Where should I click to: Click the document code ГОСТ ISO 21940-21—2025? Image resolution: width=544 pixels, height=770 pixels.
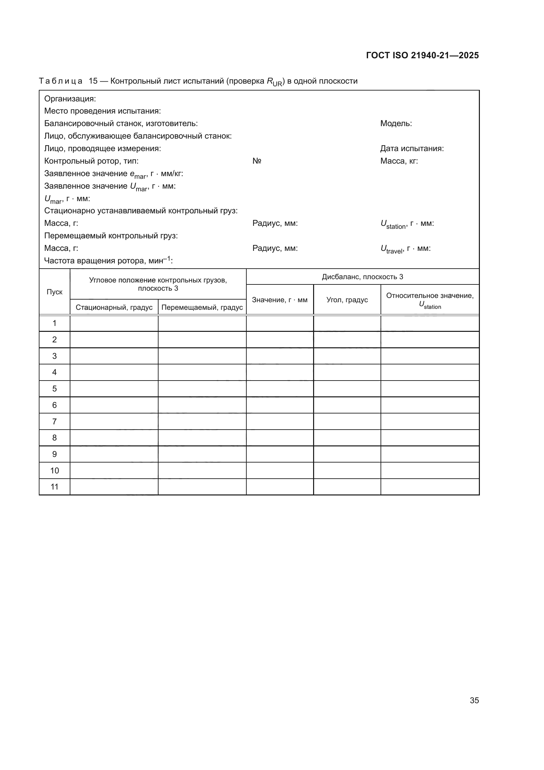click(422, 55)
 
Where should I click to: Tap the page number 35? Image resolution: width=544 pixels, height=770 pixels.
click(474, 700)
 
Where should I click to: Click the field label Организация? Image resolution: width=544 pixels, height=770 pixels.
click(70, 99)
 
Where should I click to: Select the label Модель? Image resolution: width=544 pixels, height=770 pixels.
click(396, 123)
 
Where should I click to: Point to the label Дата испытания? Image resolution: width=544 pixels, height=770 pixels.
click(412, 148)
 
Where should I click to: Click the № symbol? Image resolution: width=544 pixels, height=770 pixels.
click(257, 161)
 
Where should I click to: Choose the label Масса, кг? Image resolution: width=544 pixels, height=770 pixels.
click(399, 161)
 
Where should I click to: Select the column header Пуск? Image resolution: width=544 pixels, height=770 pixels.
click(54, 292)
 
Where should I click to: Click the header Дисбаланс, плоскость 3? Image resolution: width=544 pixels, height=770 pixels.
click(362, 277)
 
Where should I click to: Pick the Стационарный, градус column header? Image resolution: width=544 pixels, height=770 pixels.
click(114, 307)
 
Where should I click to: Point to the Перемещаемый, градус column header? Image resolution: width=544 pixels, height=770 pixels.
click(202, 307)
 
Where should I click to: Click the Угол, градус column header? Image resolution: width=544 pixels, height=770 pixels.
click(347, 300)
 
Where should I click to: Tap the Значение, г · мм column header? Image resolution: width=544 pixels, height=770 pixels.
click(279, 300)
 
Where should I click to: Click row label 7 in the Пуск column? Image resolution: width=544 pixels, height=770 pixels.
click(54, 422)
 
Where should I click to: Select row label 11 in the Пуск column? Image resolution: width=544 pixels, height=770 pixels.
click(54, 487)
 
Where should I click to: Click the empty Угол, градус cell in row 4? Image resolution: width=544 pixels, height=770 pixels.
click(347, 372)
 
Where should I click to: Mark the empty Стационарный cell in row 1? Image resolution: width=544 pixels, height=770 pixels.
click(114, 323)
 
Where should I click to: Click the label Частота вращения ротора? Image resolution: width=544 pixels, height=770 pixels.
click(108, 261)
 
